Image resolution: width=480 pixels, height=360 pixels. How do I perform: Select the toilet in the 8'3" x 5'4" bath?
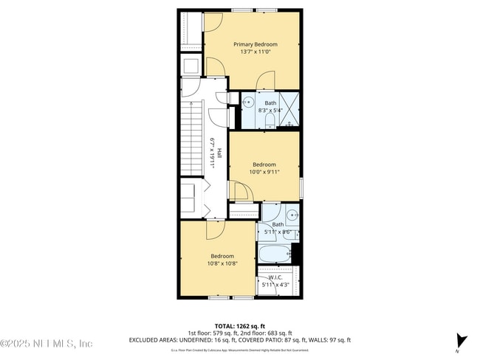(270, 119)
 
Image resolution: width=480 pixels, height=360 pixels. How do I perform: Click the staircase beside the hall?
(191, 139)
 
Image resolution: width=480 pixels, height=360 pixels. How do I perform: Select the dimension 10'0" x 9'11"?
(264, 173)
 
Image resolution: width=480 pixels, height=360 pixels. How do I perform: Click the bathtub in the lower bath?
(275, 254)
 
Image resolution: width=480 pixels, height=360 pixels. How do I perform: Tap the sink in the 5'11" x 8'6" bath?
(292, 215)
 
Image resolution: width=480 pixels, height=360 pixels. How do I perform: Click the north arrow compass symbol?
(462, 341)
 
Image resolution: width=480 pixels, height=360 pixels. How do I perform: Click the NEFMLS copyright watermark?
(46, 343)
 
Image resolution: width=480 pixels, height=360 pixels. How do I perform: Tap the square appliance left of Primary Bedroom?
(191, 66)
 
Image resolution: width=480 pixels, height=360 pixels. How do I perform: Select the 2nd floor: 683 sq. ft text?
(265, 333)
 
